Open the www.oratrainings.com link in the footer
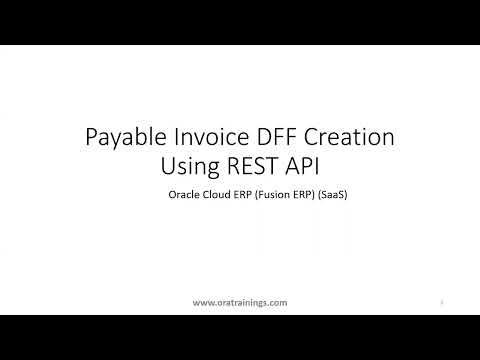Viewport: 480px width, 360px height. pyautogui.click(x=239, y=301)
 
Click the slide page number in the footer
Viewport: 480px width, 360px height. pyautogui.click(x=442, y=300)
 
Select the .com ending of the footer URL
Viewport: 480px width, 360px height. pyautogui.click(x=277, y=301)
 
